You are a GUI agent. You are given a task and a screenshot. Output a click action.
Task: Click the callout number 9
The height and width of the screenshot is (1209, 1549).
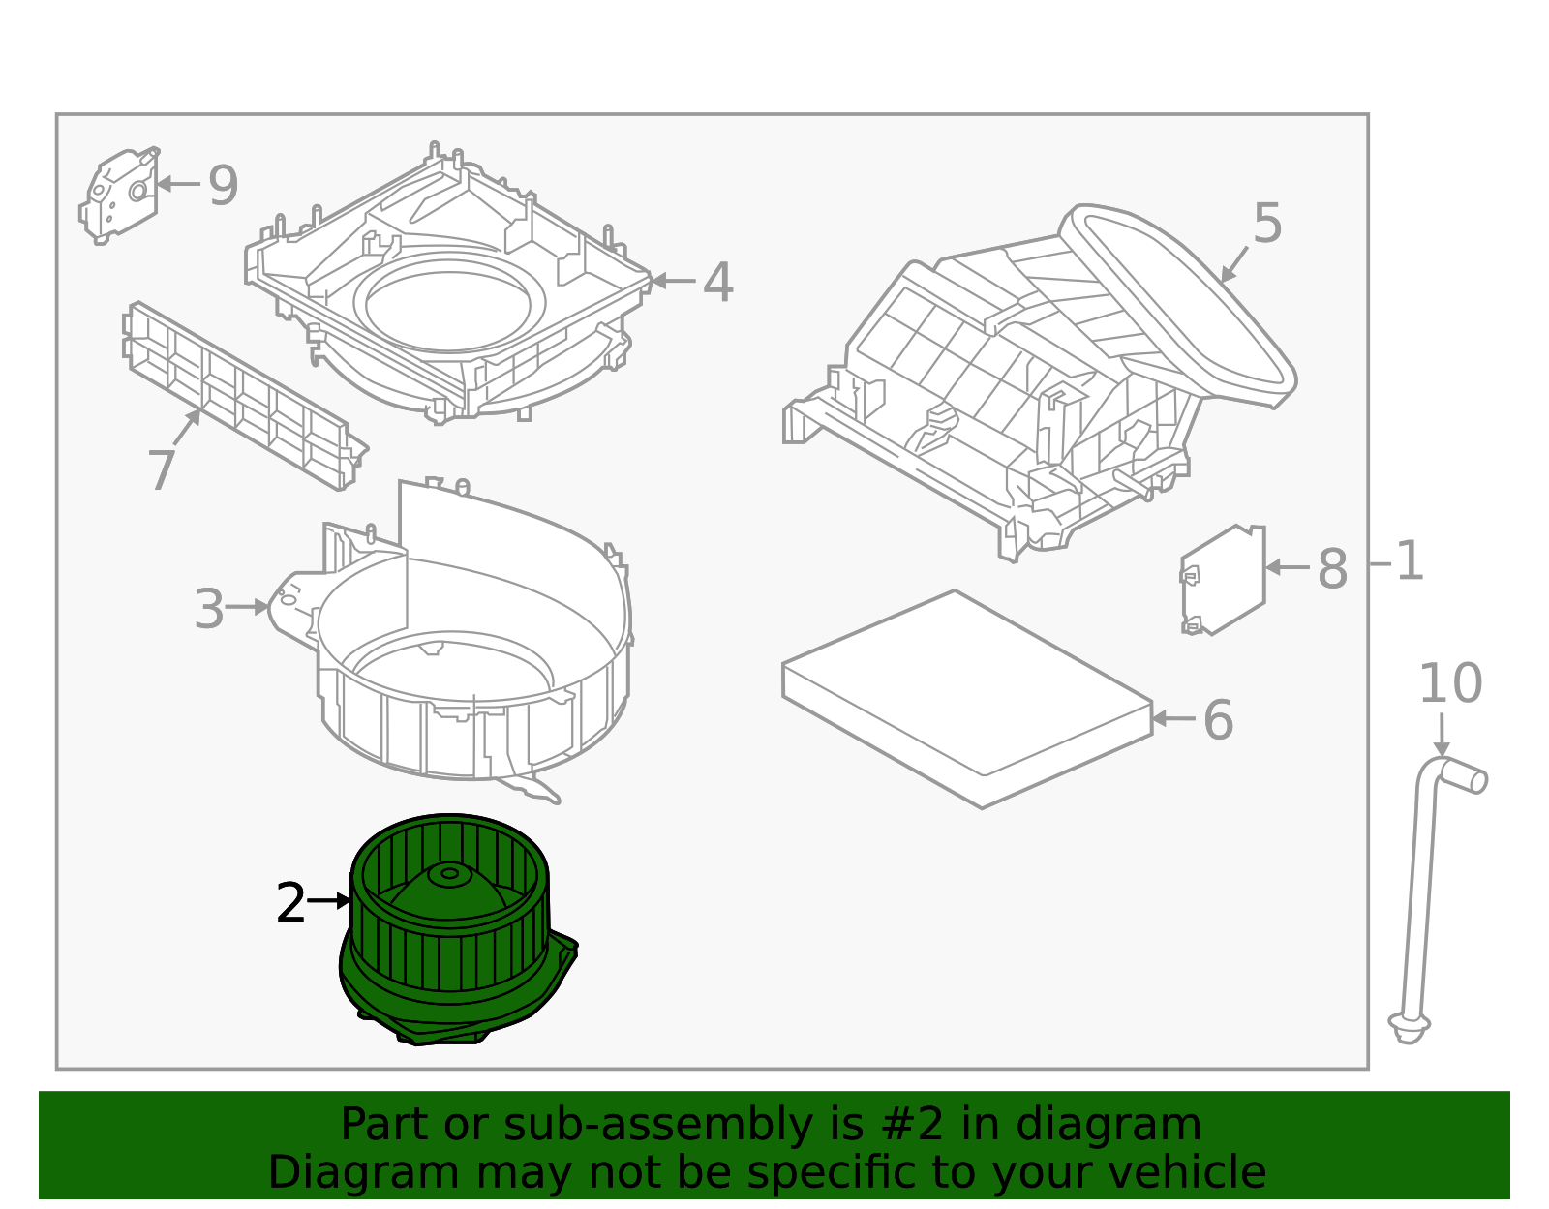pyautogui.click(x=223, y=186)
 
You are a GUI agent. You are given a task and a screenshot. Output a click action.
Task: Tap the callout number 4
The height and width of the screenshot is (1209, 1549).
pyautogui.click(x=717, y=284)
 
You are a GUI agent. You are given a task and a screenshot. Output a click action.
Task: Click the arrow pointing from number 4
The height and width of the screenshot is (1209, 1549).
pyautogui.click(x=674, y=281)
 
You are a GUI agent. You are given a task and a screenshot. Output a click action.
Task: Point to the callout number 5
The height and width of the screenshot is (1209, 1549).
pyautogui.click(x=1267, y=225)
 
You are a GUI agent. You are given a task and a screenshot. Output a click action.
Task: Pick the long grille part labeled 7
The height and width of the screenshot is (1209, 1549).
pyautogui.click(x=242, y=397)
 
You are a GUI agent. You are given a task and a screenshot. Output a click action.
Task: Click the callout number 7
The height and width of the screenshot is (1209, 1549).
pyautogui.click(x=162, y=471)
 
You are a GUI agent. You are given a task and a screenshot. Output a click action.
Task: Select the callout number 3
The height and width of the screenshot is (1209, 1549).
pyautogui.click(x=209, y=610)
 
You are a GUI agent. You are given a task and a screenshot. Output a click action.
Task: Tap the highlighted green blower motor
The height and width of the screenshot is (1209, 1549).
pyautogui.click(x=450, y=929)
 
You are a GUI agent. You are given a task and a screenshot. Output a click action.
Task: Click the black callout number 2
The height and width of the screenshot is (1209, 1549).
pyautogui.click(x=290, y=904)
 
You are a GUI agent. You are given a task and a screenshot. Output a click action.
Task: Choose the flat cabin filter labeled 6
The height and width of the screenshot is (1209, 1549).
pyautogui.click(x=968, y=697)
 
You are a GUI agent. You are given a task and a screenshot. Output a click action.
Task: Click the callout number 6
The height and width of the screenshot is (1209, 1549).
pyautogui.click(x=1218, y=721)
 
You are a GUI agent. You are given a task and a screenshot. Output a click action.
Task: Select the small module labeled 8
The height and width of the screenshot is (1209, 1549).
pyautogui.click(x=1224, y=581)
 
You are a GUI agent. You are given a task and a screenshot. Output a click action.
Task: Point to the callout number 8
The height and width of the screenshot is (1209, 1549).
pyautogui.click(x=1332, y=569)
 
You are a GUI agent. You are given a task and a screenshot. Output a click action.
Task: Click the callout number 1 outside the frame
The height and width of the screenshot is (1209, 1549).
pyautogui.click(x=1411, y=562)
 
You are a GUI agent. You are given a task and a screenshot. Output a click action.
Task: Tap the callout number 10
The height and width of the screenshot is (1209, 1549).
pyautogui.click(x=1449, y=684)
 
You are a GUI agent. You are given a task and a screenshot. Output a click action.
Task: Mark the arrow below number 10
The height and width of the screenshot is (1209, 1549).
pyautogui.click(x=1442, y=736)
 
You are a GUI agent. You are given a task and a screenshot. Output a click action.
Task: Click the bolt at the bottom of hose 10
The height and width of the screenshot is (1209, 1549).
pyautogui.click(x=1409, y=1026)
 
